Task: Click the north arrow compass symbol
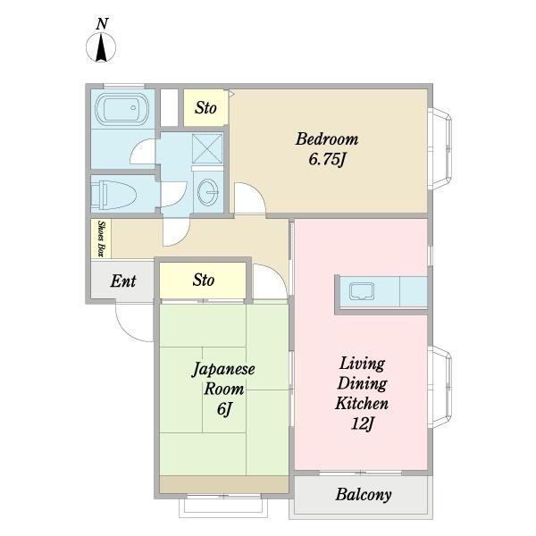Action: pos(102,48)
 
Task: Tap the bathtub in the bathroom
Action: pos(119,112)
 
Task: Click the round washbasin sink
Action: pos(209,192)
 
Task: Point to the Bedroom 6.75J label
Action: pos(327,149)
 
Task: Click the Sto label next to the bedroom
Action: pos(205,108)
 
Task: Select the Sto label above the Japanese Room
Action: pos(204,281)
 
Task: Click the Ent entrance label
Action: pos(123,281)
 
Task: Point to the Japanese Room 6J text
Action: pos(224,389)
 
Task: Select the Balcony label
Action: pos(363,494)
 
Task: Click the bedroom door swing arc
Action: pos(247,197)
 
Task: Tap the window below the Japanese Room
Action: pos(223,507)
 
